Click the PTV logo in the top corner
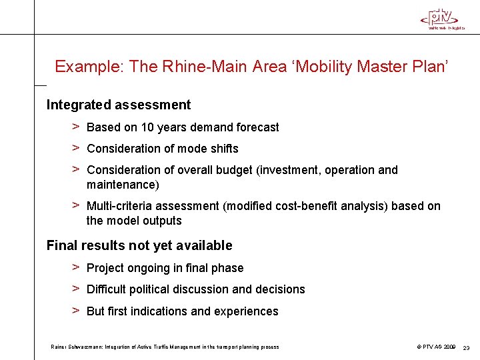pos(442,18)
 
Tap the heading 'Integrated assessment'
pos(118,105)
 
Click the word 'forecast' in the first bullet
pos(256,127)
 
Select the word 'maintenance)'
pos(123,184)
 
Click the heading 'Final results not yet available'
pos(139,245)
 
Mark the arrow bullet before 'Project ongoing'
pos(77,267)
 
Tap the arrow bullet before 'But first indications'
pos(77,311)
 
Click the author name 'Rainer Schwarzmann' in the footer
pos(73,347)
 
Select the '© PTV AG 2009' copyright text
pos(437,347)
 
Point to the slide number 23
pos(467,347)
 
